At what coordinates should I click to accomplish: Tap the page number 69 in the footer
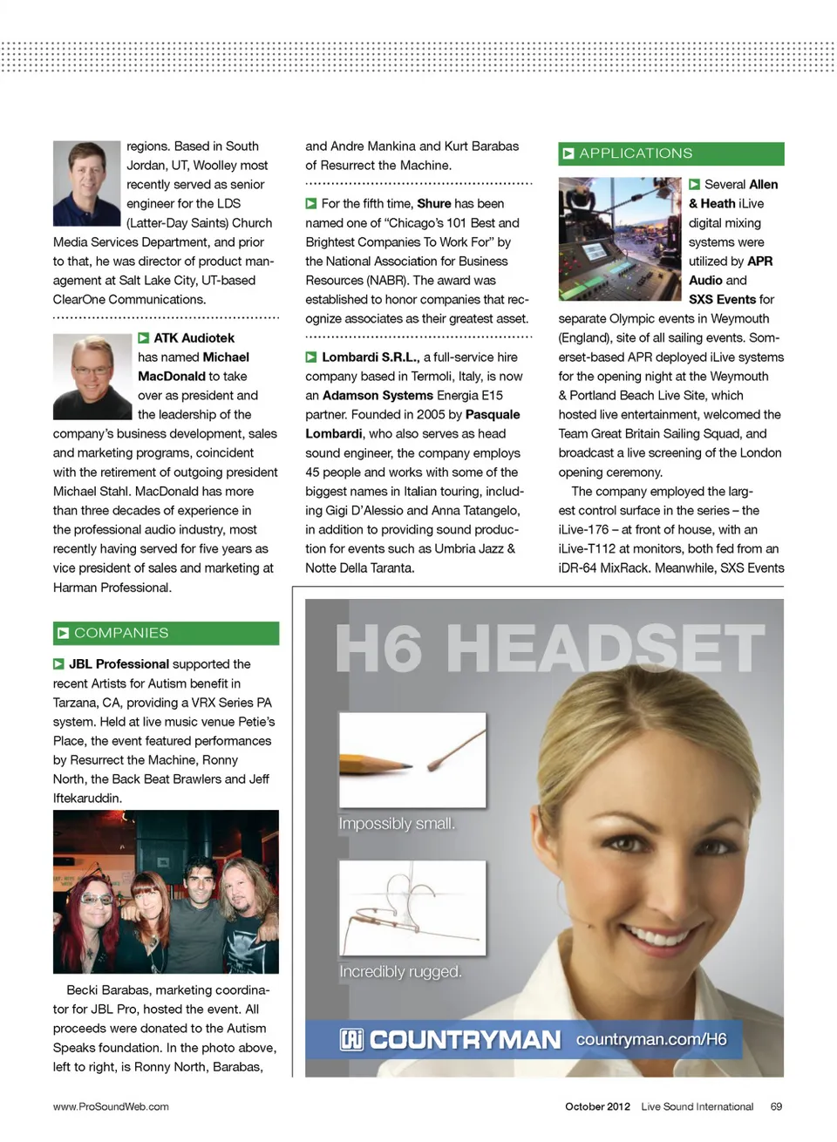coord(776,1106)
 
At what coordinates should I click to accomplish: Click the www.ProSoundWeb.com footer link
coord(111,1106)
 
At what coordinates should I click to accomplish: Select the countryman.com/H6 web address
coord(651,1039)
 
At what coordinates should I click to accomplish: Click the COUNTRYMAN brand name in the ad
coord(465,1040)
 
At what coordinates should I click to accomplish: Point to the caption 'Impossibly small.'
coord(397,824)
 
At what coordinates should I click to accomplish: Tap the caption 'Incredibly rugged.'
coord(400,971)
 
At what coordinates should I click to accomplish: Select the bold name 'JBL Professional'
coord(119,664)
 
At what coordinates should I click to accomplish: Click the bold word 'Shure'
coord(433,203)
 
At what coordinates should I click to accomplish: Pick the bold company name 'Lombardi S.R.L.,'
coord(371,357)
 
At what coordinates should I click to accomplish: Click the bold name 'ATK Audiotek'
coord(194,338)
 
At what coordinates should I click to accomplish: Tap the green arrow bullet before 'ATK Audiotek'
coord(144,338)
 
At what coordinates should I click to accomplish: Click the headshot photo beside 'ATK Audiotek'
coord(92,377)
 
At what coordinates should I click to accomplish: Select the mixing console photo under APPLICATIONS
coord(619,239)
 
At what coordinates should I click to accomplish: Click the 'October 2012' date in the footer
coord(597,1106)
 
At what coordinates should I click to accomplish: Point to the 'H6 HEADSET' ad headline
coord(549,649)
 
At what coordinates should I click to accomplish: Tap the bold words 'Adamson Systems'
coord(378,396)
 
